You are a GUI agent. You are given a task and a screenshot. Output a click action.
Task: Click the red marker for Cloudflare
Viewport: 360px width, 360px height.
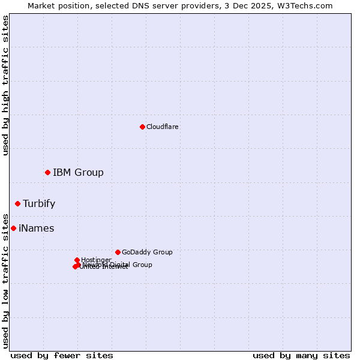pyautogui.click(x=142, y=127)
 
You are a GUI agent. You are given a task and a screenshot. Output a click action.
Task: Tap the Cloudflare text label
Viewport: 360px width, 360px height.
pyautogui.click(x=163, y=127)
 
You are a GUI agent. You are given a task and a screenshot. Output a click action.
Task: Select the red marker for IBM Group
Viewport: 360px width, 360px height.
pyautogui.click(x=47, y=173)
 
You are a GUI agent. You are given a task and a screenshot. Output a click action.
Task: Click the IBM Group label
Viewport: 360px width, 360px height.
pyautogui.click(x=78, y=173)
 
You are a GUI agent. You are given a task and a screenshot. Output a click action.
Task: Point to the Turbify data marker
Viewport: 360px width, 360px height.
pyautogui.click(x=17, y=204)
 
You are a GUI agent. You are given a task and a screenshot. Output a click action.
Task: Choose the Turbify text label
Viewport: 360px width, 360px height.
pyautogui.click(x=39, y=204)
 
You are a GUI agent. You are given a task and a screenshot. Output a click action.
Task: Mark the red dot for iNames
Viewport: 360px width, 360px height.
pyautogui.click(x=13, y=229)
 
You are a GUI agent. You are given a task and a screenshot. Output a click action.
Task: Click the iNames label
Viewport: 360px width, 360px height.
pyautogui.click(x=36, y=229)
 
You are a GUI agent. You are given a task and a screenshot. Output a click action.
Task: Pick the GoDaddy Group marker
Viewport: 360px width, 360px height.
pyautogui.click(x=118, y=252)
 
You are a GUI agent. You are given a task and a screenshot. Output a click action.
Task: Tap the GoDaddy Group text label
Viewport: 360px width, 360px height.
pyautogui.click(x=147, y=253)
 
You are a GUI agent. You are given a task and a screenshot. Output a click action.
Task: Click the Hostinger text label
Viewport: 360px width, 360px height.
pyautogui.click(x=96, y=260)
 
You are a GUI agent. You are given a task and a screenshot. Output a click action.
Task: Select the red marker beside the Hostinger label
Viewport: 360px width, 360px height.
pyautogui.click(x=77, y=260)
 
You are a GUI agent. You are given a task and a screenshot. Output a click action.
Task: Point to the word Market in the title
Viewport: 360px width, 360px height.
pyautogui.click(x=41, y=6)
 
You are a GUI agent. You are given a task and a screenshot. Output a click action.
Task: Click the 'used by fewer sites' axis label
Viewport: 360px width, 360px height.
pyautogui.click(x=62, y=355)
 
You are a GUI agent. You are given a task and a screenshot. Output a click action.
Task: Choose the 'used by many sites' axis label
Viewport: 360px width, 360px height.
pyautogui.click(x=301, y=355)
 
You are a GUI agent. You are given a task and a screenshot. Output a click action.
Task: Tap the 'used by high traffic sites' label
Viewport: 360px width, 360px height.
pyautogui.click(x=6, y=85)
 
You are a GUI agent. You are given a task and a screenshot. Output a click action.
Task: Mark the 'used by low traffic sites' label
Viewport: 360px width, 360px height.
pyautogui.click(x=6, y=281)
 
